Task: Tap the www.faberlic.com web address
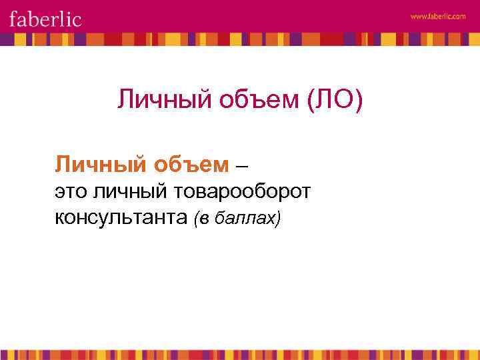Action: pos(438,17)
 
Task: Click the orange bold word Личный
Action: pos(93,163)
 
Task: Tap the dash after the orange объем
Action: pos(244,163)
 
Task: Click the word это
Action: pos(71,192)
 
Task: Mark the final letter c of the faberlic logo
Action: pos(77,19)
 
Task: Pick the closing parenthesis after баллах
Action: pos(278,218)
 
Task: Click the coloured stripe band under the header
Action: pos(240,39)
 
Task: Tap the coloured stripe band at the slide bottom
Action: pos(240,354)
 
